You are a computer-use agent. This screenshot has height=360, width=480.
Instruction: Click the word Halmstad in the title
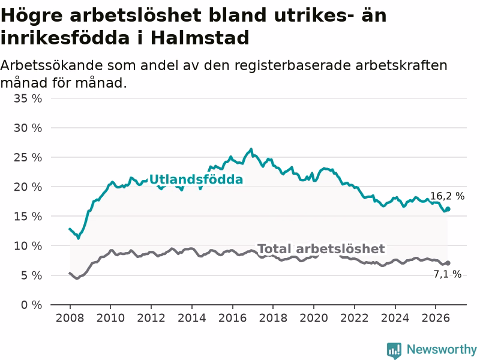tap(200, 38)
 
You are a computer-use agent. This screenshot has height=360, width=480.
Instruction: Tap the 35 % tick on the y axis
tap(28, 98)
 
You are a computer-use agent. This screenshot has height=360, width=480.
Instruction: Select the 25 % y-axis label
tap(28, 158)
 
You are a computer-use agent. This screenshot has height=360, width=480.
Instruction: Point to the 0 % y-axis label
tap(32, 305)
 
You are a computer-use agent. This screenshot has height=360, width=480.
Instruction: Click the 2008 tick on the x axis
tap(70, 318)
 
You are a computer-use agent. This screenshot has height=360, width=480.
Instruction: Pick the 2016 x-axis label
tap(232, 318)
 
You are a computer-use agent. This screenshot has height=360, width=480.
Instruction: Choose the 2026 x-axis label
tap(436, 318)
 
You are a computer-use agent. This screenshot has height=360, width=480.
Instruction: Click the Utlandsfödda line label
tap(196, 179)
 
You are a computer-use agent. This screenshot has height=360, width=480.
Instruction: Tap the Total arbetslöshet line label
tap(321, 249)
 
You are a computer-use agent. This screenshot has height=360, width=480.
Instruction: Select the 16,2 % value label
tap(447, 196)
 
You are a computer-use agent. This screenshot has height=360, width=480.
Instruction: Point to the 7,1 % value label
tap(447, 274)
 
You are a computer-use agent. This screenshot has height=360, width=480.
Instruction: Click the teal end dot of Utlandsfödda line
tap(448, 209)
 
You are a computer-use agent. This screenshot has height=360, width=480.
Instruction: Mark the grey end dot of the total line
tap(448, 263)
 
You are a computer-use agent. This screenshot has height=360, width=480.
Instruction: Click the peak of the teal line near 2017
tap(251, 149)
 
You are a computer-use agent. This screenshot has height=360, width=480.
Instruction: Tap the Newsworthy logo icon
tap(394, 350)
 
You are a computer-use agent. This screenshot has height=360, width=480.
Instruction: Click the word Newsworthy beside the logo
tap(442, 349)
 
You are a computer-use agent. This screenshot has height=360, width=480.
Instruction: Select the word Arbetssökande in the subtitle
tap(51, 66)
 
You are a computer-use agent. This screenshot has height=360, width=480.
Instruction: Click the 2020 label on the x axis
tap(314, 318)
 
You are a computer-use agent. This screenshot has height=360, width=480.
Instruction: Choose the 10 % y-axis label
tap(28, 246)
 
